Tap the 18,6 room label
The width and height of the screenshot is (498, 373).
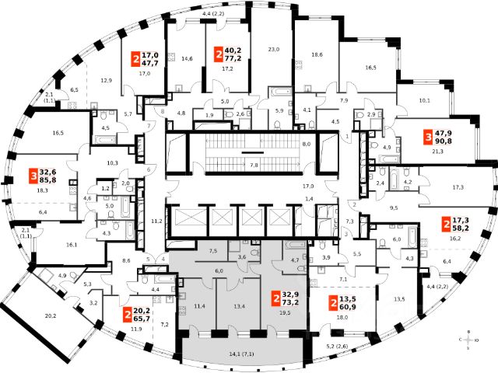(317, 54)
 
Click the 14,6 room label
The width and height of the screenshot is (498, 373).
(187, 58)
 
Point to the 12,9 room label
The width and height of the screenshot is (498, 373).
(106, 81)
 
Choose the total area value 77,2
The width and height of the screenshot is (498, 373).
(233, 58)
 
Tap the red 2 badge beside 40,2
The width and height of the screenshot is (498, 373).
(218, 53)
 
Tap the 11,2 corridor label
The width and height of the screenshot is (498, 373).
(155, 221)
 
